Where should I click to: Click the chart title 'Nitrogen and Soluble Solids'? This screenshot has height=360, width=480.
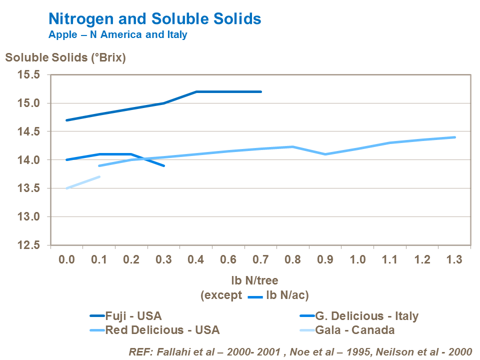coord(154,19)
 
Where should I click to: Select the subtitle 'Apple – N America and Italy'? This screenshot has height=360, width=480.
coord(117,35)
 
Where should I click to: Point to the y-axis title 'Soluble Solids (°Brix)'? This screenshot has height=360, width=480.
coord(65,57)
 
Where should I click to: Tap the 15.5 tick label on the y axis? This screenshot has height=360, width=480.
coord(29,75)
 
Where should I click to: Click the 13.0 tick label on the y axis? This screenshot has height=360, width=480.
coord(29,217)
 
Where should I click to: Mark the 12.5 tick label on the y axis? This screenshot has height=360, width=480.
coord(29,245)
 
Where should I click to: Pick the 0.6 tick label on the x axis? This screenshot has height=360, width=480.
coord(228,260)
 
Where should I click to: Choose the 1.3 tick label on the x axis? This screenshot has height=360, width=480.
coord(455,260)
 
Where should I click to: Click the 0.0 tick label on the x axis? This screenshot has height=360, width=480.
coord(66,260)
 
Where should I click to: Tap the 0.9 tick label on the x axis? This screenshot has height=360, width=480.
coord(325,260)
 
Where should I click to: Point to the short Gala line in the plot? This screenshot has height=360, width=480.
coord(83,182)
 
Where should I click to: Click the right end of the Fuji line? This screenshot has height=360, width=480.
coord(261,92)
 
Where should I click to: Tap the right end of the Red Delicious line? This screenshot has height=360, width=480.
coord(455,137)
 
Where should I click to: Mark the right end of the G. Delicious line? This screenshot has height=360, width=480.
coord(164,165)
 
